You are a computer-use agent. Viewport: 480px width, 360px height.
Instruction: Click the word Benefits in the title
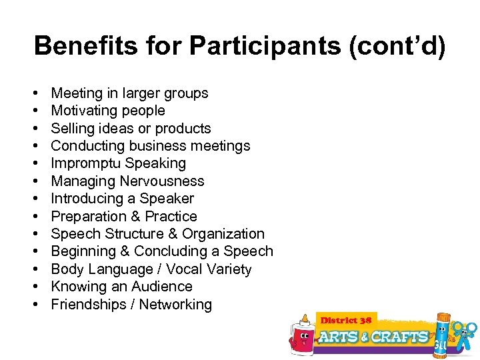(74, 46)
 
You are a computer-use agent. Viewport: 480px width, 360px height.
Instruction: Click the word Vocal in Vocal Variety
(185, 269)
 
